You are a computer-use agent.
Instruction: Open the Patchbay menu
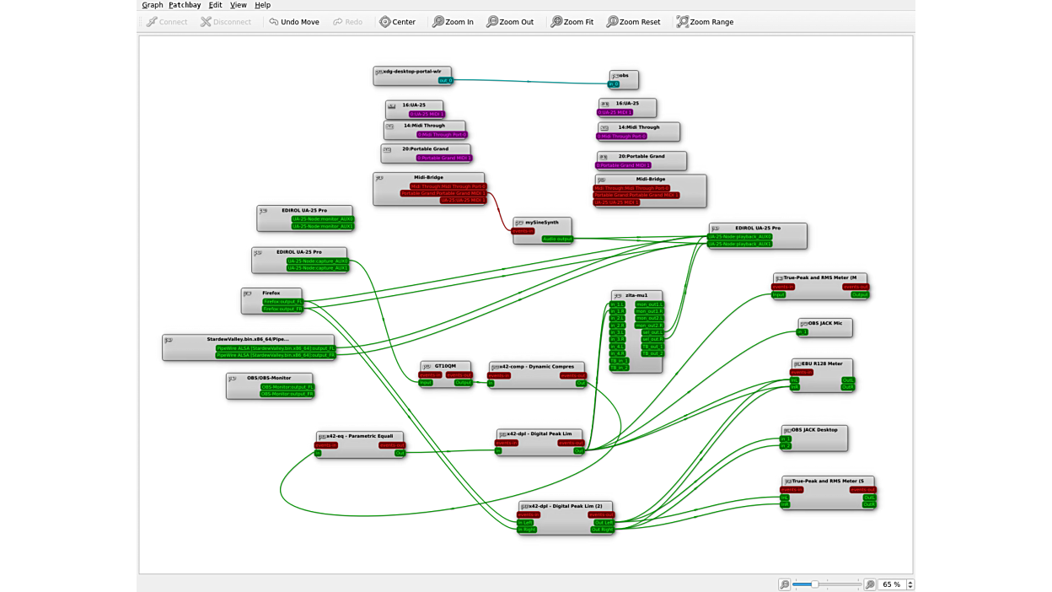coord(185,5)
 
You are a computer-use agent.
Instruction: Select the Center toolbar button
coord(397,22)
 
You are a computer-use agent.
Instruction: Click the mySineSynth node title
coord(542,223)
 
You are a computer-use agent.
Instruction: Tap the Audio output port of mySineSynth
coord(557,239)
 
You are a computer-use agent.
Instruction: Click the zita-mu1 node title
coord(636,296)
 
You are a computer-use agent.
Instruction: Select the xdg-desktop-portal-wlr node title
coord(412,72)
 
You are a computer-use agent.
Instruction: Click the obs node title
coord(625,76)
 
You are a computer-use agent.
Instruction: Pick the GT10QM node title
coord(445,367)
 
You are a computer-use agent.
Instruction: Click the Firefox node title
coord(271,293)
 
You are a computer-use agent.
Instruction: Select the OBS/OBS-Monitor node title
coord(269,378)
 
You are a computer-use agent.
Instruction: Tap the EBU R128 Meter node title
coord(822,364)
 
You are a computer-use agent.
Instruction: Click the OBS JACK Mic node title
coord(825,324)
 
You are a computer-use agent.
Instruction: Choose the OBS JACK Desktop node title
coord(814,430)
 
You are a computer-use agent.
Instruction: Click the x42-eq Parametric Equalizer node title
coord(360,437)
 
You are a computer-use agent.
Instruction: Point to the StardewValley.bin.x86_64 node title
coord(248,339)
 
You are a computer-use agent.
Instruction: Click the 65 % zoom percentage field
coord(891,584)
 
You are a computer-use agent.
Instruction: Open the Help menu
coord(262,5)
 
